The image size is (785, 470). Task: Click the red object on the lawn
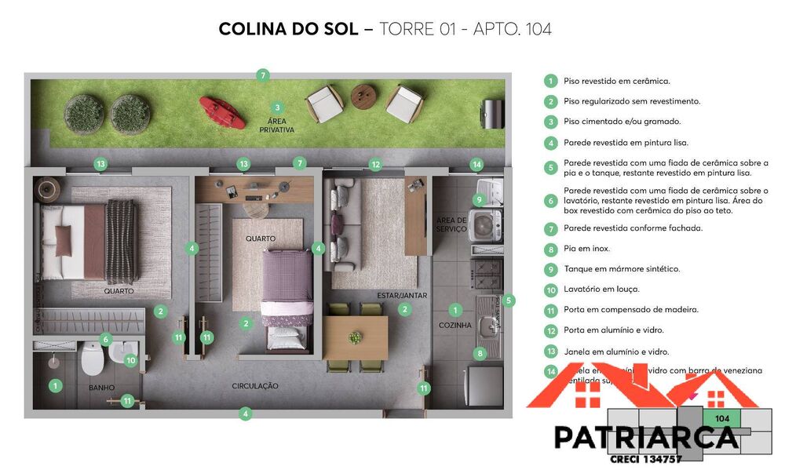point(221,111)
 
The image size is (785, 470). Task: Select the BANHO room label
point(102,388)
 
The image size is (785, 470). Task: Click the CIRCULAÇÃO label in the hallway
point(254,386)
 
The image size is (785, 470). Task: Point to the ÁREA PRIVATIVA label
point(276,125)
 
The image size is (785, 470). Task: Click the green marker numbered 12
point(375,165)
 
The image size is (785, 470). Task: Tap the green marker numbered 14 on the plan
point(476,165)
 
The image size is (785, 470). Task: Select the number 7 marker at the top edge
point(263,75)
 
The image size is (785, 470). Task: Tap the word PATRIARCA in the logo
point(646,437)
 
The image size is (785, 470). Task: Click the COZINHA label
point(455,325)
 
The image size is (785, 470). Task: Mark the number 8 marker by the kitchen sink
point(480,354)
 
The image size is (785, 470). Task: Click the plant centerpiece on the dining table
point(355,338)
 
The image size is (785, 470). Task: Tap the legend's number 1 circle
point(551,81)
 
